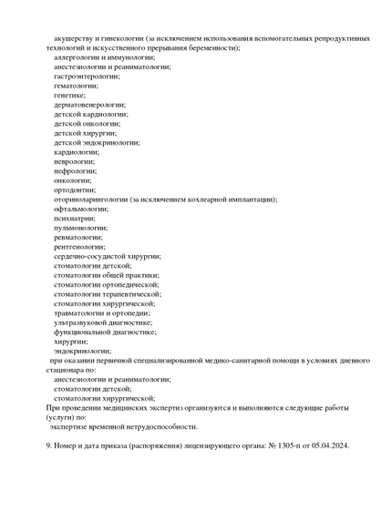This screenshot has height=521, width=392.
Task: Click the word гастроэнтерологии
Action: (x=88, y=76)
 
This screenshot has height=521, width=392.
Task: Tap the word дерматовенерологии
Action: (x=89, y=105)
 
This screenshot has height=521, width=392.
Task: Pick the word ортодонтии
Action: (x=73, y=189)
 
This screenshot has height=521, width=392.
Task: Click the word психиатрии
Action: (x=75, y=218)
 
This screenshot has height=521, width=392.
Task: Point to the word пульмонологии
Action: (x=80, y=228)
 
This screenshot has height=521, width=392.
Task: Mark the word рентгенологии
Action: (x=79, y=247)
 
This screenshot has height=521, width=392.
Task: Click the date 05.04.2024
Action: (x=329, y=445)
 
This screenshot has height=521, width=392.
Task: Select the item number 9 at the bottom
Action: (x=48, y=445)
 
